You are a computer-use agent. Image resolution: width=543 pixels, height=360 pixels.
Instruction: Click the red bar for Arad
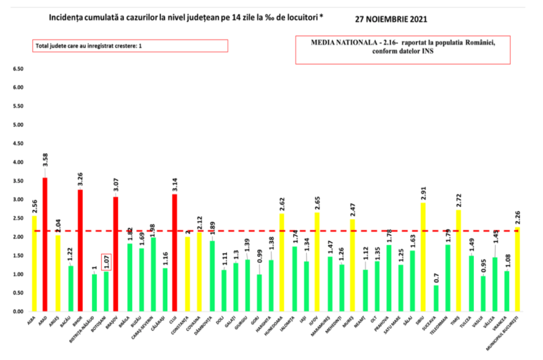click(45, 245)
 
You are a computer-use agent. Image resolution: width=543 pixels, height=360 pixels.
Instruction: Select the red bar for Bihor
click(80, 250)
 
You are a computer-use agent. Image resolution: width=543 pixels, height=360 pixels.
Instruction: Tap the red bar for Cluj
click(174, 253)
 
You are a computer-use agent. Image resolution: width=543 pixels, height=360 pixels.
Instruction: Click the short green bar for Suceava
click(436, 298)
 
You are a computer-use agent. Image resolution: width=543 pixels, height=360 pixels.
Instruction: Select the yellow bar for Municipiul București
click(517, 269)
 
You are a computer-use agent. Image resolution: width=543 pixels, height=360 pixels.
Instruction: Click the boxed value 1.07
click(106, 262)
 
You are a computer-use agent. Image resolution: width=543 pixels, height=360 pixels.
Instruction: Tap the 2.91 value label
click(424, 191)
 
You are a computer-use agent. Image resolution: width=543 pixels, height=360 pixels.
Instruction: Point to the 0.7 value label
click(436, 277)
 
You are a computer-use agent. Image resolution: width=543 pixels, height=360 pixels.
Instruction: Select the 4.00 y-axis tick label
click(17, 162)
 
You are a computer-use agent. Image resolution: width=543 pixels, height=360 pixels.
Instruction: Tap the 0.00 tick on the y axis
click(17, 312)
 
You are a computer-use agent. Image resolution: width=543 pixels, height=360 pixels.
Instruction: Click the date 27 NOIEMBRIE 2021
click(392, 19)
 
